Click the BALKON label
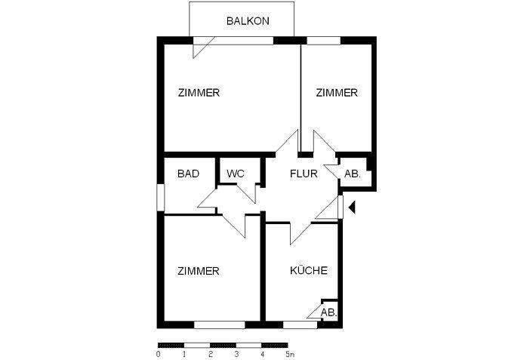[248, 21]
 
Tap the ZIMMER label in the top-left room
[199, 93]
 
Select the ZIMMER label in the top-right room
[336, 93]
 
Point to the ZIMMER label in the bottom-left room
[199, 271]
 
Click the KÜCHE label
[308, 271]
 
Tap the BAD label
[188, 174]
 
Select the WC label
[236, 174]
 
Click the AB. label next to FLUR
[353, 174]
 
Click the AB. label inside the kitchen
[328, 312]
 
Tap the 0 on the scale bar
[159, 353]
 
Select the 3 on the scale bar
[236, 353]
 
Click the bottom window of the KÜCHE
[300, 325]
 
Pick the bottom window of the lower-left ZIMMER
[219, 325]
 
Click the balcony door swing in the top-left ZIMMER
[201, 48]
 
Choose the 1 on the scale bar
[184, 353]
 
